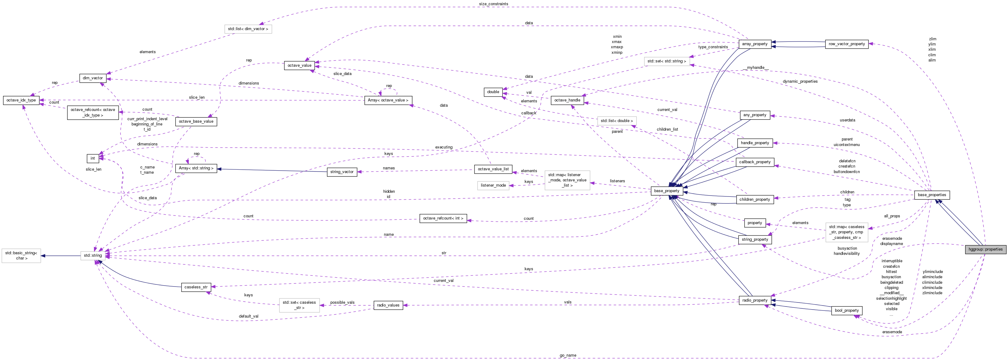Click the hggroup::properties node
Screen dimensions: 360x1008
pos(985,249)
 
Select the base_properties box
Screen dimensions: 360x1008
pos(932,195)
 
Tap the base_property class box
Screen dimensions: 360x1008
pos(667,191)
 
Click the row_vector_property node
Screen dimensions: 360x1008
pos(847,44)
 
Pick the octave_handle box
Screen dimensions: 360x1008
pos(567,100)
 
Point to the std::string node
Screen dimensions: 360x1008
pos(93,255)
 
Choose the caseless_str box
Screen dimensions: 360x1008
pos(196,287)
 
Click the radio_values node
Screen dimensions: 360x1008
pos(388,305)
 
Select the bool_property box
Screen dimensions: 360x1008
pos(847,310)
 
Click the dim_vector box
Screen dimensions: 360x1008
pos(93,78)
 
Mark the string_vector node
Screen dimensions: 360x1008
pos(342,172)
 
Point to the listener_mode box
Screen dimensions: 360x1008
pos(493,185)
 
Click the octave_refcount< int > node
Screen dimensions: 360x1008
pos(443,218)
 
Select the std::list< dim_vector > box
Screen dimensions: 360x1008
pos(248,29)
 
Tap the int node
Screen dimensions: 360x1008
pos(93,158)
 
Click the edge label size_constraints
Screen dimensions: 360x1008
pos(494,4)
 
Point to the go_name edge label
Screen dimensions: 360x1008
pos(568,355)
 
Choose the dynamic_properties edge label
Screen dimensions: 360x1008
pos(800,81)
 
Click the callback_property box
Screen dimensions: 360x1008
pos(755,162)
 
